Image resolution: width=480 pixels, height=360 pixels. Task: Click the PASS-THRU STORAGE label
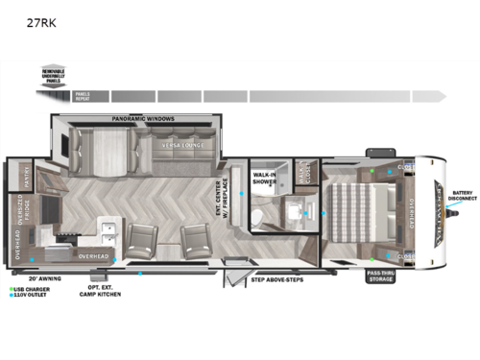pos(379,277)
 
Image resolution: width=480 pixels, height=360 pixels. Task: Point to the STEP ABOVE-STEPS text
pos(278,280)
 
